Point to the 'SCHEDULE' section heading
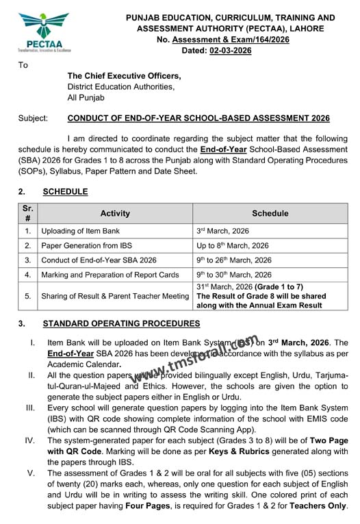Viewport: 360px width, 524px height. pyautogui.click(x=65, y=191)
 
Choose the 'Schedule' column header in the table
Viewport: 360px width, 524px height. pyautogui.click(x=270, y=213)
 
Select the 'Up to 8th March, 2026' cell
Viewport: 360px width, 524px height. pyautogui.click(x=232, y=245)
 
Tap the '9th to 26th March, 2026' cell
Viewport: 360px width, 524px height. pyautogui.click(x=233, y=260)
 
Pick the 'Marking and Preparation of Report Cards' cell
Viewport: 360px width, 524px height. pyautogui.click(x=110, y=275)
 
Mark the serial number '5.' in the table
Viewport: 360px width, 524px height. pyautogui.click(x=28, y=295)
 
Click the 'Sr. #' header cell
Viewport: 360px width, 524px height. pyautogui.click(x=27, y=213)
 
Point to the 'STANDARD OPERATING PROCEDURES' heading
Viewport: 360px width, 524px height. pyautogui.click(x=121, y=323)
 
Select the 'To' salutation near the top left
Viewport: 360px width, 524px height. pyautogui.click(x=23, y=65)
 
